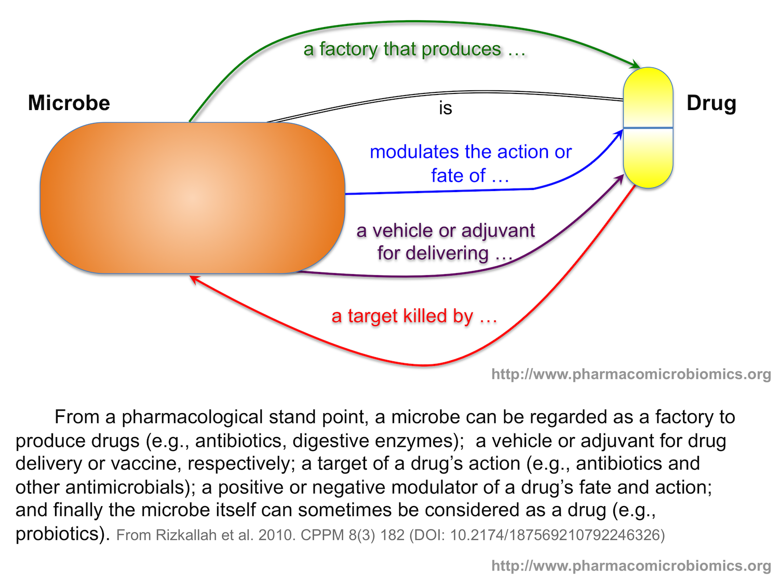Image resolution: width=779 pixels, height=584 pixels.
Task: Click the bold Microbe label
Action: point(69,103)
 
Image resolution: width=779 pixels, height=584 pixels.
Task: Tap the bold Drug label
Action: point(711,103)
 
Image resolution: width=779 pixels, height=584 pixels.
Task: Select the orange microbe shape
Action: point(192,198)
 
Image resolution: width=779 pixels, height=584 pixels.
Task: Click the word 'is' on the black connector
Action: point(446,108)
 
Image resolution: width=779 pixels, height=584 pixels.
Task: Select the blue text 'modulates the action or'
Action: point(471,152)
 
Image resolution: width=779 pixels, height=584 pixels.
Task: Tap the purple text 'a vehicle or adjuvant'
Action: point(446,230)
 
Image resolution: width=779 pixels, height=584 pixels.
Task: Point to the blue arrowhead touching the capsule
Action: point(619,134)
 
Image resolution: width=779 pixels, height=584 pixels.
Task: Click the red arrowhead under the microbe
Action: point(194,279)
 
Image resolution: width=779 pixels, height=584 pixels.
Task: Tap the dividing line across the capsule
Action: point(648,128)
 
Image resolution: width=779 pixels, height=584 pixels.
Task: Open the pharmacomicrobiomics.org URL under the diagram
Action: point(631,374)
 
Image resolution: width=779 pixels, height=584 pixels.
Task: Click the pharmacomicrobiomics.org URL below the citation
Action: point(631,565)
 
